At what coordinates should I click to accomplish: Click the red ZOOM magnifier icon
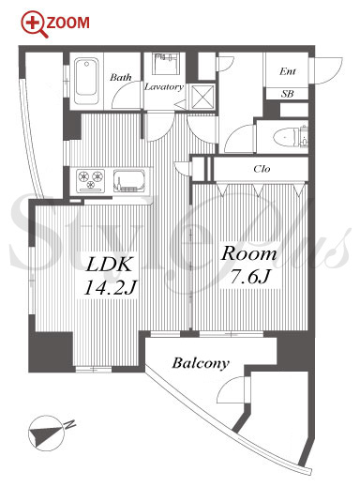click(33, 23)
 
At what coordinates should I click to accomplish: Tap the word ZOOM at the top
click(68, 23)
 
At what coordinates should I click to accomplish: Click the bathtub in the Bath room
click(86, 81)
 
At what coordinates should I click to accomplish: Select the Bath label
click(121, 77)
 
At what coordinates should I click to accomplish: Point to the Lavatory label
click(163, 86)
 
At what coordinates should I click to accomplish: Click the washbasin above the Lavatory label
click(166, 64)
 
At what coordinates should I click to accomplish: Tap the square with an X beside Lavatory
click(202, 96)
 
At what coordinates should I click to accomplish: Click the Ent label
click(288, 71)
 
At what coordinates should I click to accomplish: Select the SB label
click(287, 93)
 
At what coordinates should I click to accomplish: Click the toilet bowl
click(285, 137)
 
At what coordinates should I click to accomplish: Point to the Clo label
click(262, 169)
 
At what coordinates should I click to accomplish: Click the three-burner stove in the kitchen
click(91, 180)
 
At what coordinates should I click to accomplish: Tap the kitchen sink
click(129, 180)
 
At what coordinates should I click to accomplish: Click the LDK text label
click(109, 265)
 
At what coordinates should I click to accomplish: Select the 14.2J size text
click(110, 287)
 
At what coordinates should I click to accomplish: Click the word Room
click(249, 253)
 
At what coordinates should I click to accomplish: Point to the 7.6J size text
click(249, 276)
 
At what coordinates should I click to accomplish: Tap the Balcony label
click(201, 363)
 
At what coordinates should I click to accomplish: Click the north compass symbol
click(47, 434)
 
